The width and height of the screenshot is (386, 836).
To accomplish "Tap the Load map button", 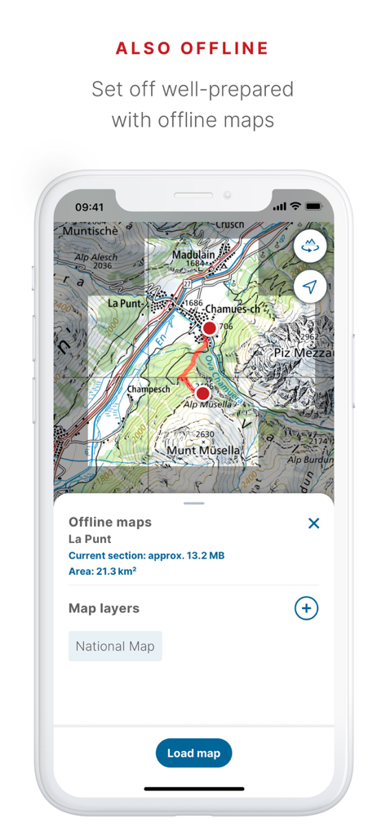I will pyautogui.click(x=193, y=753).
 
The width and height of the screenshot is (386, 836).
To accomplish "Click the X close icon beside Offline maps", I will pyautogui.click(x=313, y=523).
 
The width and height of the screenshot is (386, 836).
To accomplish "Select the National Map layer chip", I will pyautogui.click(x=115, y=646).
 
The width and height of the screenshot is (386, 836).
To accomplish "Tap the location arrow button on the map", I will pyautogui.click(x=310, y=287).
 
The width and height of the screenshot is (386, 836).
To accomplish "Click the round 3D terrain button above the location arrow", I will pyautogui.click(x=310, y=245).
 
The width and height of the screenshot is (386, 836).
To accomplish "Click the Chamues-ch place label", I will pyautogui.click(x=233, y=309).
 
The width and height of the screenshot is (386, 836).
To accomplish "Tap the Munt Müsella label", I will pyautogui.click(x=203, y=450).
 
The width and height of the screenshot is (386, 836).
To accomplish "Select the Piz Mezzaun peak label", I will pyautogui.click(x=303, y=354).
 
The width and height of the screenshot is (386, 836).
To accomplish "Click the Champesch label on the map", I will pyautogui.click(x=148, y=389).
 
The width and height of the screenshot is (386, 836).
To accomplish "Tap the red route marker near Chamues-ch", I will pyautogui.click(x=209, y=328).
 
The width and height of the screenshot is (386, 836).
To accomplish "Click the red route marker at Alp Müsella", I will pyautogui.click(x=202, y=394).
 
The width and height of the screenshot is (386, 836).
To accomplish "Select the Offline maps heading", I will pyautogui.click(x=110, y=522).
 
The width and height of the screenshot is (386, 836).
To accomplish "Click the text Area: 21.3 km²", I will pyautogui.click(x=102, y=571).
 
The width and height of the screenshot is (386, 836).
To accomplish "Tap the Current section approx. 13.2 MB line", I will pyautogui.click(x=146, y=555).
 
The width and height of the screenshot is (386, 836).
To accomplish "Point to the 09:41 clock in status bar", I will pyautogui.click(x=89, y=207).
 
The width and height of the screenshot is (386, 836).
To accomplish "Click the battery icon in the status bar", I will pyautogui.click(x=313, y=207).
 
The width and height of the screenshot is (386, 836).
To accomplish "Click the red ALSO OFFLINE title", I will pyautogui.click(x=193, y=48).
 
